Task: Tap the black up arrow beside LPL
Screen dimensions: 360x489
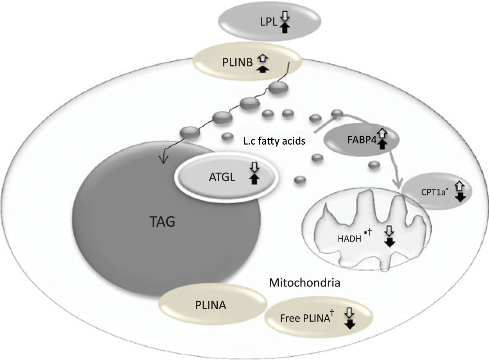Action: click(285, 28)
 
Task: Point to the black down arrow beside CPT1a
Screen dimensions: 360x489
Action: click(460, 197)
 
